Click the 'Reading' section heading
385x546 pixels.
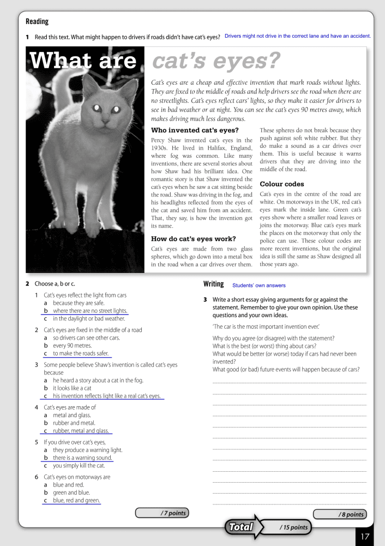pyautogui.click(x=37, y=22)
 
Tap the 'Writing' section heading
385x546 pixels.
pyautogui.click(x=214, y=284)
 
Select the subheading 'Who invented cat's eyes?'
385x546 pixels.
pyautogui.click(x=195, y=130)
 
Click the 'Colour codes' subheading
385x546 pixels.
pyautogui.click(x=282, y=184)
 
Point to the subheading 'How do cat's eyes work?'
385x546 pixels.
pyautogui.click(x=193, y=239)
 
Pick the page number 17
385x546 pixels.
pyautogui.click(x=365, y=536)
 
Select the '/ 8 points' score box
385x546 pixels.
pyautogui.click(x=339, y=514)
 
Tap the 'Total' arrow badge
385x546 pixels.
pyautogui.click(x=242, y=527)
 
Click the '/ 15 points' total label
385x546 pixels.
pyautogui.click(x=293, y=527)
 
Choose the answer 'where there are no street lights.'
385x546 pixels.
pyautogui.click(x=90, y=311)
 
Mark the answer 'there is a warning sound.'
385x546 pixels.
pyautogui.click(x=82, y=458)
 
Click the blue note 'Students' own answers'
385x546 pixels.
pyautogui.click(x=258, y=286)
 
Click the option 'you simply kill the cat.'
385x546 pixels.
pyautogui.click(x=79, y=466)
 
